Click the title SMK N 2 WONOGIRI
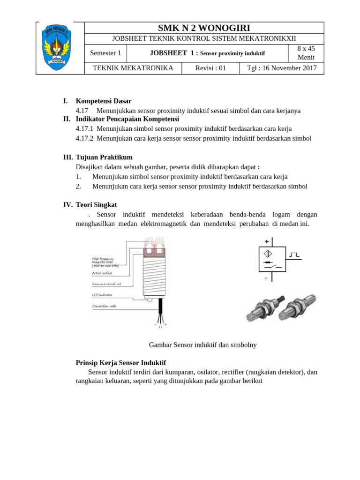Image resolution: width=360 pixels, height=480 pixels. click(x=204, y=28)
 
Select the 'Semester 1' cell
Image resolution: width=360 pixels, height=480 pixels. click(x=105, y=53)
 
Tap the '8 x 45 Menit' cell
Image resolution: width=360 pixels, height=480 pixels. click(x=306, y=53)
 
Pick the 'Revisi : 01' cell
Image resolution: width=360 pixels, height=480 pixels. click(x=210, y=68)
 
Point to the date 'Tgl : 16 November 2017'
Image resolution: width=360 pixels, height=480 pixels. click(x=282, y=68)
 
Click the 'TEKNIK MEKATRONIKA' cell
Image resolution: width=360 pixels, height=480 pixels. click(x=133, y=68)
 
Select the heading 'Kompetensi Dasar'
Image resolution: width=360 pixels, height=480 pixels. click(x=104, y=101)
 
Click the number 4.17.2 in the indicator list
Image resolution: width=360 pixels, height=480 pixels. click(x=84, y=138)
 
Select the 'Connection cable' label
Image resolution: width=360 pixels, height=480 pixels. click(x=105, y=306)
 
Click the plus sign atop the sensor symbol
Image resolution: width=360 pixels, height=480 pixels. click(x=267, y=242)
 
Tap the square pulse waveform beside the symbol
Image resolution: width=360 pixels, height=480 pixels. click(x=294, y=255)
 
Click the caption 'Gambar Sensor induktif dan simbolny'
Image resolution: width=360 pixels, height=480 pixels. click(x=202, y=345)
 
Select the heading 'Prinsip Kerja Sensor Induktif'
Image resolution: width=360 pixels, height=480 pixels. click(x=121, y=363)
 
